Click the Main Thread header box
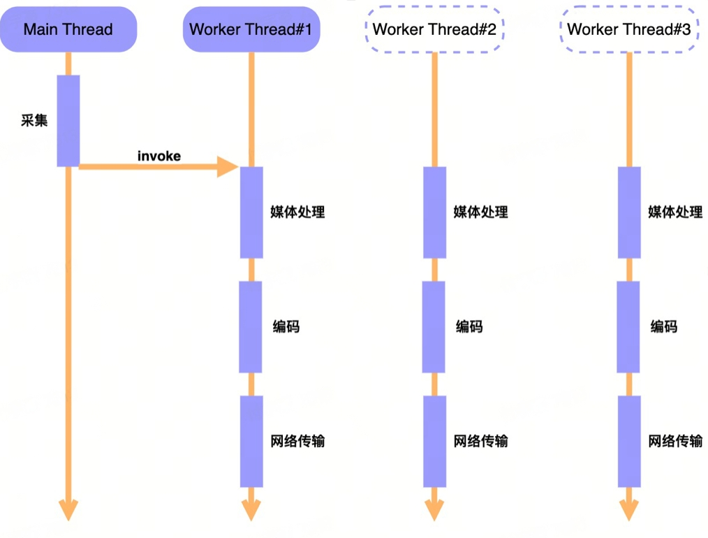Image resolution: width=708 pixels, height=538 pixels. coord(68,29)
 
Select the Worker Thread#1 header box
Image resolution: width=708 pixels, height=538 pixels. coord(251,29)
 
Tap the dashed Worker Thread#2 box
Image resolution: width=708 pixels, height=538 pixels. coord(434,29)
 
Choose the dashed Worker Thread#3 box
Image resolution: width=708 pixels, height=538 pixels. coord(629,29)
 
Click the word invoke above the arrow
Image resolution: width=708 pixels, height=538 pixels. coord(159,156)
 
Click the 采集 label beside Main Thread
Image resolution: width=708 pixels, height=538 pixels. coord(34,120)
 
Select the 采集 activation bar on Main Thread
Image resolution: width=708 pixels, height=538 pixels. coord(68,121)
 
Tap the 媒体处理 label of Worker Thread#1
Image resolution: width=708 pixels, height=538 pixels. coord(297,212)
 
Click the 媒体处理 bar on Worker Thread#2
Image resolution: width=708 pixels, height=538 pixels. coord(434,212)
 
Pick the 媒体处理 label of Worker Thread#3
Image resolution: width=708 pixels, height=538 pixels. coord(675,212)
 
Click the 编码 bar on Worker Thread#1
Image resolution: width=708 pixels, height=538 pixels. coord(251,327)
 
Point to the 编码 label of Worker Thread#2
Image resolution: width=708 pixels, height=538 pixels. coord(469,326)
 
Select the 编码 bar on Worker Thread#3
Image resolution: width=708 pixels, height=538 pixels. coord(628,327)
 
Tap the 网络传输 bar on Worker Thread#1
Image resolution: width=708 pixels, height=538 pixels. coord(251,442)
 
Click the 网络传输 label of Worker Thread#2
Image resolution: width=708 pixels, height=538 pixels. coord(480,441)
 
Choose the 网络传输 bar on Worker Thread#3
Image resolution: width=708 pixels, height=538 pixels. coord(629,442)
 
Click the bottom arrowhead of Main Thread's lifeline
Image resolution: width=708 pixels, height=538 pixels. coord(68,511)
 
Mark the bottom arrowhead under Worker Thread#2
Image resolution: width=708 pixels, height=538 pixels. coord(434,511)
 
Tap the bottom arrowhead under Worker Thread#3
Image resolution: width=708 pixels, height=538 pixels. coord(629,511)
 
